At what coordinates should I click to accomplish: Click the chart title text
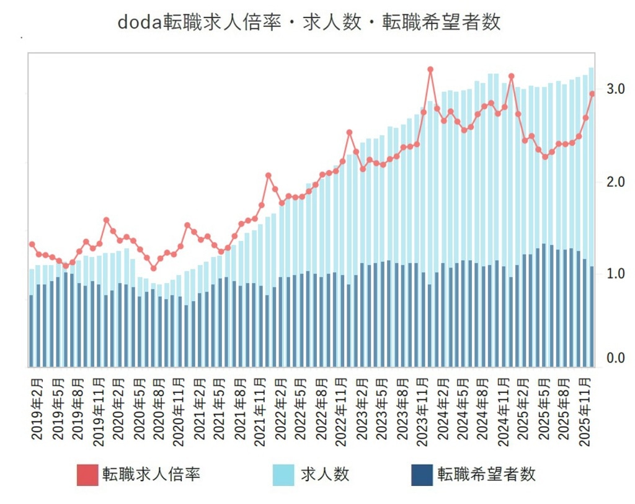point(309,22)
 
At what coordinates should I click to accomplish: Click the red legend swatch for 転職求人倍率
point(88,475)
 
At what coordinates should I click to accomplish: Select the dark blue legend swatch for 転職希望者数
point(422,475)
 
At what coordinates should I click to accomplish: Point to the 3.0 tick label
point(615,89)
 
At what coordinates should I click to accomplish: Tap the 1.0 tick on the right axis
point(615,273)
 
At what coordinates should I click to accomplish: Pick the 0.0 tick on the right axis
point(615,358)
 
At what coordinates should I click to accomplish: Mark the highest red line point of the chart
point(430,70)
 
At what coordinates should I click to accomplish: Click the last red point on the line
point(592,94)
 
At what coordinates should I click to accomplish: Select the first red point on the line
point(32,245)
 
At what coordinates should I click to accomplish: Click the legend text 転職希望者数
point(487,475)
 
